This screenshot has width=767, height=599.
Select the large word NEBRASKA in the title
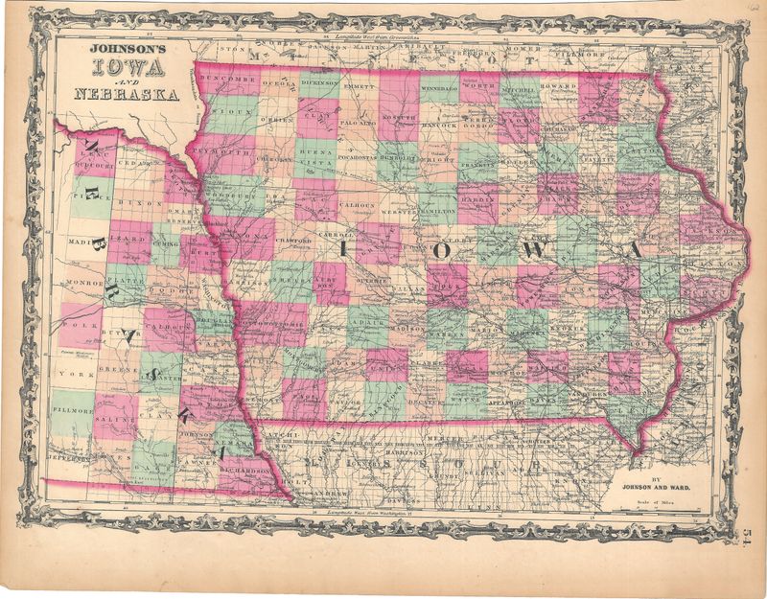(123, 94)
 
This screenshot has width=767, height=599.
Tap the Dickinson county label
(319, 83)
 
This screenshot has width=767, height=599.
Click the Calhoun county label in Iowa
(357, 202)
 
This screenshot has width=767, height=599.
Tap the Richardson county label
(243, 472)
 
